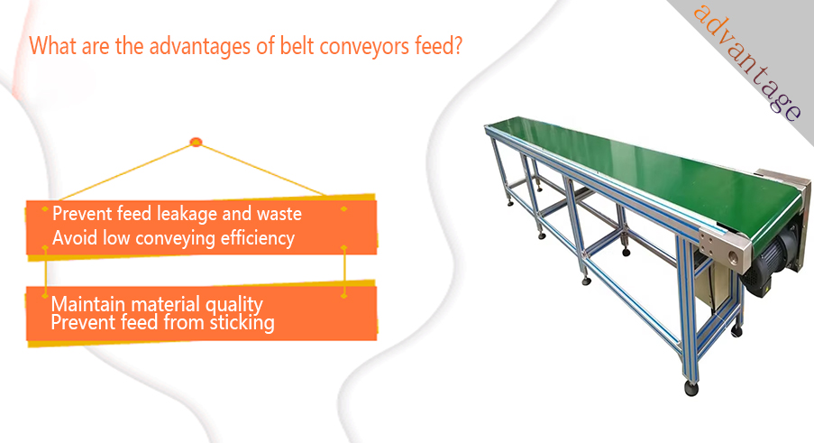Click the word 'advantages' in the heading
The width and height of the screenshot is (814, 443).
[200, 47]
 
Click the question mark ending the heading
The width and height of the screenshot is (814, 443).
[457, 45]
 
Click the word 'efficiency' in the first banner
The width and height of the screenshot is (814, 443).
[258, 238]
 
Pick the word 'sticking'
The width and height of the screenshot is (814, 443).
[242, 323]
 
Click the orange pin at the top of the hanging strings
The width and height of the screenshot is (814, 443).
[196, 142]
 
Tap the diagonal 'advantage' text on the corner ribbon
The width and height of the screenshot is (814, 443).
[747, 61]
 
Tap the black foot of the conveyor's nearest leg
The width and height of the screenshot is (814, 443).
[691, 389]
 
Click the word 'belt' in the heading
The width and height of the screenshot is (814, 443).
[297, 46]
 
